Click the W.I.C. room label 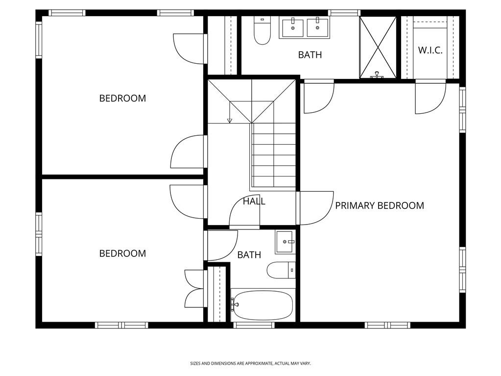pyautogui.click(x=430, y=50)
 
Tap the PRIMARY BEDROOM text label pyautogui.click(x=379, y=206)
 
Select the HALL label pyautogui.click(x=254, y=201)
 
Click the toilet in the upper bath pyautogui.click(x=262, y=31)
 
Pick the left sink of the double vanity pyautogui.click(x=293, y=28)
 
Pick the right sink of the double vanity pyautogui.click(x=317, y=27)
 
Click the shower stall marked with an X pyautogui.click(x=378, y=47)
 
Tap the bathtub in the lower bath pyautogui.click(x=262, y=305)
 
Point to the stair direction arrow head pyautogui.click(x=229, y=121)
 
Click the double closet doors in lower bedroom pyautogui.click(x=194, y=288)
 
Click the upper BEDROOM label pyautogui.click(x=122, y=98)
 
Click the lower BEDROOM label pyautogui.click(x=122, y=253)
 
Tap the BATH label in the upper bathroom pyautogui.click(x=310, y=55)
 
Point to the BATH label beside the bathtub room pyautogui.click(x=249, y=255)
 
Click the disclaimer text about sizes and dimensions pyautogui.click(x=250, y=363)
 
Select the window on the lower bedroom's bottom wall pyautogui.click(x=121, y=325)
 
